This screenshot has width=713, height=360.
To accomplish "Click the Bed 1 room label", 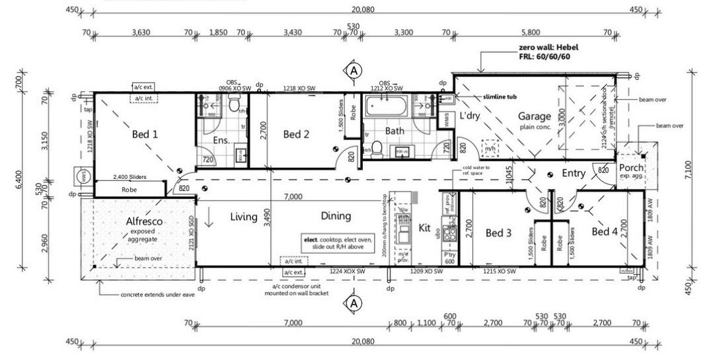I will tap(145, 134).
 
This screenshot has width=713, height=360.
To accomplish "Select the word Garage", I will tap(534, 116).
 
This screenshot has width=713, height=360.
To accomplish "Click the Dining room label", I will tap(336, 216).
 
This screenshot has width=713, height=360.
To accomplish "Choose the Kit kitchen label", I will tap(424, 229).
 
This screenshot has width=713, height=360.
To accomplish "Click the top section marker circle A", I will tap(354, 70).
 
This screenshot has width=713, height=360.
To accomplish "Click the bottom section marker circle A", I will tap(354, 303).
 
